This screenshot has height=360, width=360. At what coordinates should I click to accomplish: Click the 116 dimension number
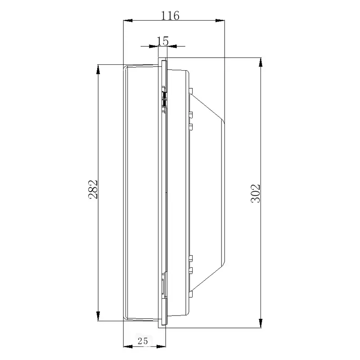pos(170,16)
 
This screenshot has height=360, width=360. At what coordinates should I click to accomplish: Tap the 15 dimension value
pos(162,41)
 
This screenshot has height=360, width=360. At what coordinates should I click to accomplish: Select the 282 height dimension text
pos(93,189)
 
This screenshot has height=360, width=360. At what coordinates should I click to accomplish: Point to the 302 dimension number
pos(256,193)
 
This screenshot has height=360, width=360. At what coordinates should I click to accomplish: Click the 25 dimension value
pos(143,341)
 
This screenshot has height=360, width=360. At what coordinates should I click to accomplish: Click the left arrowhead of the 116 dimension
pos(128,20)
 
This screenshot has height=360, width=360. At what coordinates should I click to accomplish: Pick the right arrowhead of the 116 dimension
pos(220,20)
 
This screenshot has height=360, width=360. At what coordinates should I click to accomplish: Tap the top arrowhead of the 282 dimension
pos(98,69)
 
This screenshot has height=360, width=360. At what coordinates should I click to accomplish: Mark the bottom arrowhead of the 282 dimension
pos(98,316)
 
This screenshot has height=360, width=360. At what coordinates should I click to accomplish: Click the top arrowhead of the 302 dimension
pos(261,62)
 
